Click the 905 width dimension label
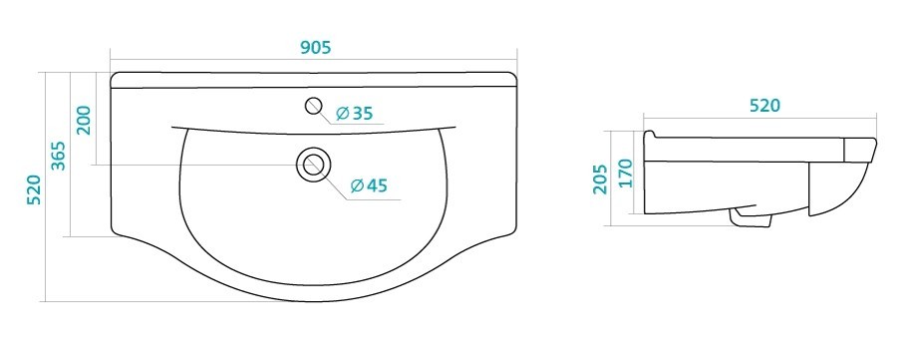pos(316,48)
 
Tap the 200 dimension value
pos(84,120)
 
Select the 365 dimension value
pos(58,156)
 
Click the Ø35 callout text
pos(355,113)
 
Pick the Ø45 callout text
pos(369,185)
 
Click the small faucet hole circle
pos(313,106)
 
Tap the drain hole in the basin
pos(313,165)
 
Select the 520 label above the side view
pos(764,106)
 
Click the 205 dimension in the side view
pos(600,180)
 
